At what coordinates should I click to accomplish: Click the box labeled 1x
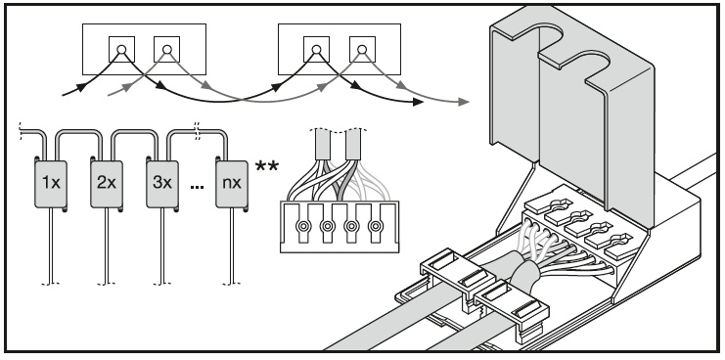coord(51,184)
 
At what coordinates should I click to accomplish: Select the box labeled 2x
coord(107,184)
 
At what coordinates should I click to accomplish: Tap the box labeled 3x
coord(162,184)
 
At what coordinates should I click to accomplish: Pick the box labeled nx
coord(232,184)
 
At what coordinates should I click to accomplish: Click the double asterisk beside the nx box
coord(267,166)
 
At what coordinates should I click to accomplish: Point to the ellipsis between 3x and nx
coord(197,187)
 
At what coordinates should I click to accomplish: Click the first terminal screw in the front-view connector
coord(303,226)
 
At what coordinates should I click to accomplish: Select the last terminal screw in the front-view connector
coord(376,226)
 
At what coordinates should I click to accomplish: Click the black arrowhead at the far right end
coord(418,102)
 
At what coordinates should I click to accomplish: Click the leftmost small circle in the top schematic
coord(121,49)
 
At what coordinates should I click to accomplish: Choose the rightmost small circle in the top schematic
coord(362,49)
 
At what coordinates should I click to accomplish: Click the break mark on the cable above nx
coord(198,131)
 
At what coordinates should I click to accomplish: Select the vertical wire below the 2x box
coord(107,246)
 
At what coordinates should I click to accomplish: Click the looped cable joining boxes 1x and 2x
coord(78,133)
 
